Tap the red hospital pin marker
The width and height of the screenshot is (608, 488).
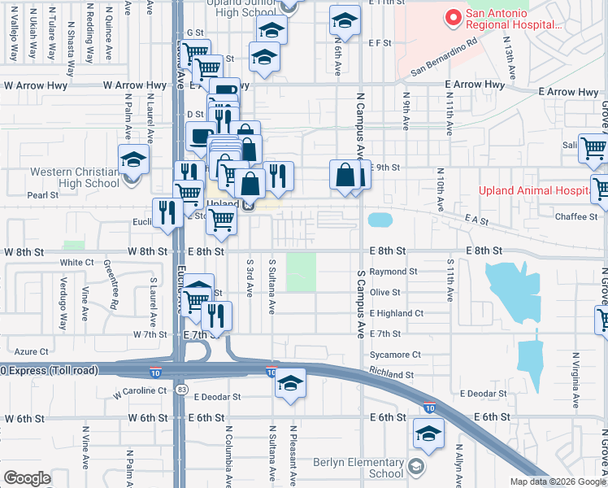[452, 15]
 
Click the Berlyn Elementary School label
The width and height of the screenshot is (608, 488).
[358, 468]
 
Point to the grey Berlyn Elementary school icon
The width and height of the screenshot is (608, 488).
[416, 466]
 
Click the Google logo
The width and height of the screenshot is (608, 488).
[27, 478]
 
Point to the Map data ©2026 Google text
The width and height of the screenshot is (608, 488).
[557, 481]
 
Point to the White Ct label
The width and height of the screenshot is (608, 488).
[77, 263]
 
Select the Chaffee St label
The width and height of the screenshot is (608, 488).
[576, 217]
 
